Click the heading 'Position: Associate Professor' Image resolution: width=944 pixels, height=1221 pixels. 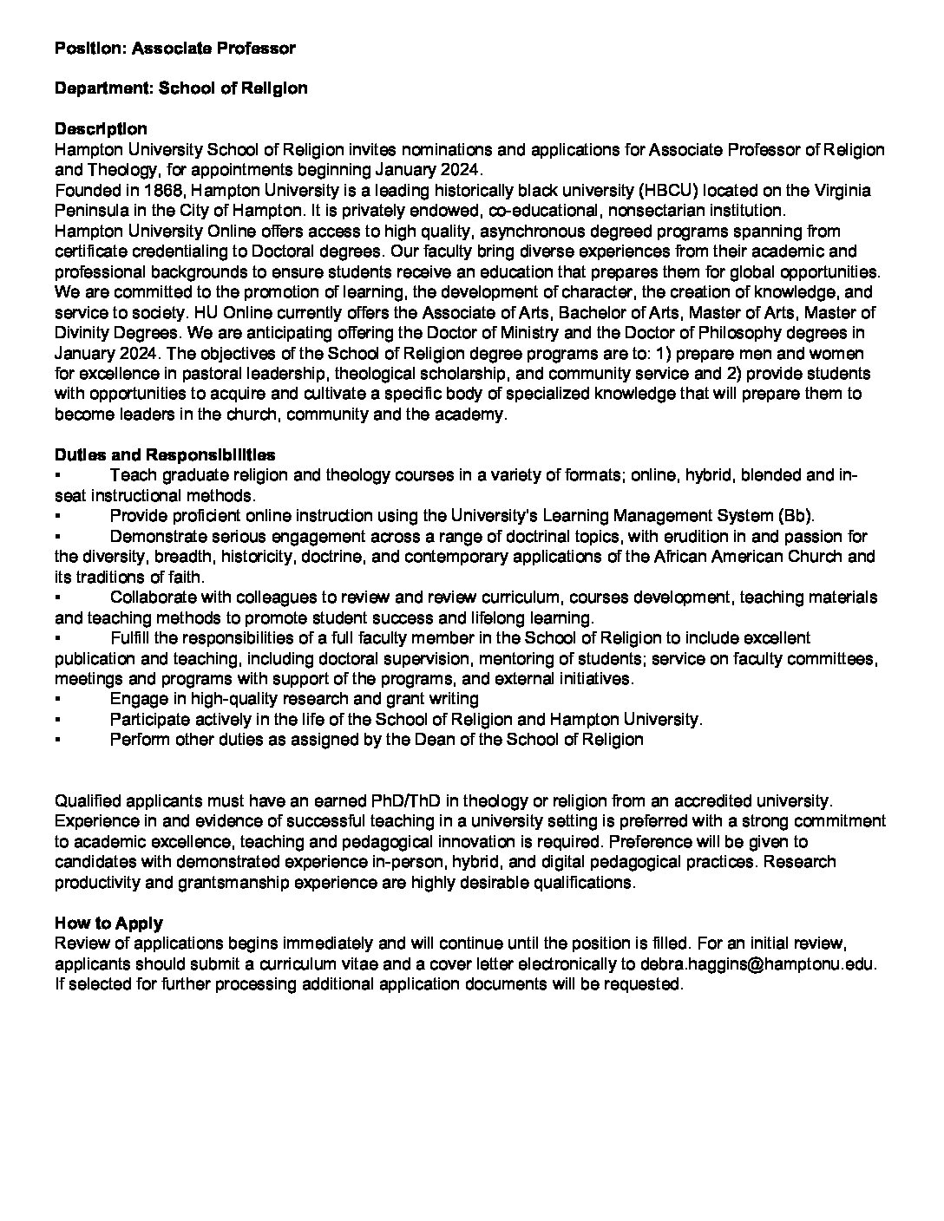174,49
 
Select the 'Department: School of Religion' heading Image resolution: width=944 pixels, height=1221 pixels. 180,88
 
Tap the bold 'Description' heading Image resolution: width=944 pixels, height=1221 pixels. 101,129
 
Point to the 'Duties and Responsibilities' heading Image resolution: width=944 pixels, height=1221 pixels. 165,455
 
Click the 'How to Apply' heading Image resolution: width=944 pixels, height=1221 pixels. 108,924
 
